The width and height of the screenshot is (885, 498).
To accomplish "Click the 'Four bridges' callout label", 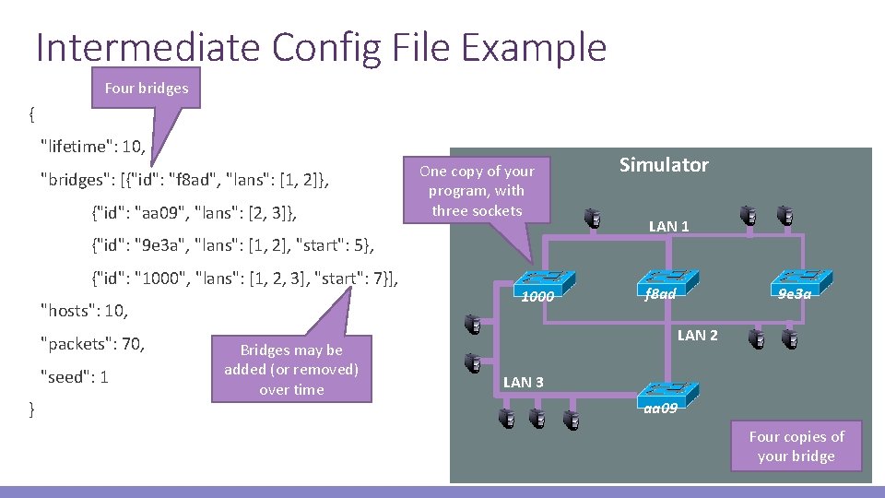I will (146, 89).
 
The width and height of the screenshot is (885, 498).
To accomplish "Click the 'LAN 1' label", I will (668, 226).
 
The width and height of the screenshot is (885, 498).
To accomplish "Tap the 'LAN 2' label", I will (697, 336).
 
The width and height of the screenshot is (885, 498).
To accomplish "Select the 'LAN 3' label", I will (523, 382).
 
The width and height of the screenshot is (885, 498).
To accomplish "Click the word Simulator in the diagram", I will (664, 165).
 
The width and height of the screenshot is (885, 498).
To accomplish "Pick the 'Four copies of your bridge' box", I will (796, 446).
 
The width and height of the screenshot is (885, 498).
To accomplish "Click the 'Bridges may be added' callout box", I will (291, 370).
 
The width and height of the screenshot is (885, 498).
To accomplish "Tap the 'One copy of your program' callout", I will (477, 191).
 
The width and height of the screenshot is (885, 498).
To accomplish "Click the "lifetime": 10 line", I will (93, 145).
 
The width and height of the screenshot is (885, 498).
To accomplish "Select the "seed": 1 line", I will (76, 377).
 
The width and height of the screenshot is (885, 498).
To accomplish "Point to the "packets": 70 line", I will (93, 344).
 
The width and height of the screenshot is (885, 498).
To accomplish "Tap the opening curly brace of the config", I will (32, 114).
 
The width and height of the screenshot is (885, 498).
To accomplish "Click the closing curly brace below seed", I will (32, 409).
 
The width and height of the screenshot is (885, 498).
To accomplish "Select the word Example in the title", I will (534, 47).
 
